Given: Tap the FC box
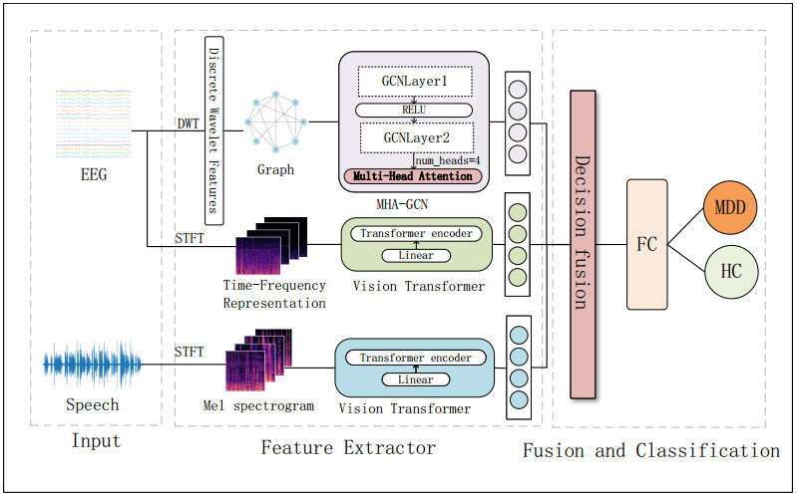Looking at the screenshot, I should tap(645, 245).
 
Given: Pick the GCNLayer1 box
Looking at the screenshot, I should tap(413, 81).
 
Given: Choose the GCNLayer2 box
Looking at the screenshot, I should tap(413, 136).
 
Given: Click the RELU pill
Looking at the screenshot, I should tap(413, 109).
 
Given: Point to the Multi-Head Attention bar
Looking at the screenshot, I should tap(413, 176).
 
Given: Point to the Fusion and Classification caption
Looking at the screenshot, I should tap(651, 451).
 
